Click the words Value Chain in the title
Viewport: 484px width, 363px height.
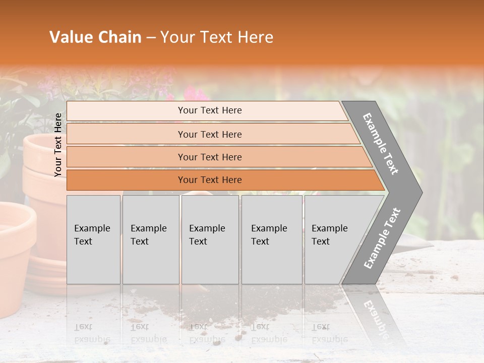click(95, 37)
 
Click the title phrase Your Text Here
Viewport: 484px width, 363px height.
click(217, 37)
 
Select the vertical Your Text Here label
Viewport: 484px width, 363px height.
click(58, 145)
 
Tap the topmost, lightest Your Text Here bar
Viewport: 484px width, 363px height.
click(210, 110)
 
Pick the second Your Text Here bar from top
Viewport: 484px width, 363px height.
click(210, 134)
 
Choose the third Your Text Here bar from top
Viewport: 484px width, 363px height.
click(210, 157)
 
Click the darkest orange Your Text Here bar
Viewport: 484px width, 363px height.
click(210, 180)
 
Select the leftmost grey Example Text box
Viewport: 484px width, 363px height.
click(93, 239)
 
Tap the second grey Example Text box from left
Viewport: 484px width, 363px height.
click(150, 239)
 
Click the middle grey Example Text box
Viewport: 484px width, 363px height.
click(210, 239)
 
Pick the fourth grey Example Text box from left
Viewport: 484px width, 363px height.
click(271, 239)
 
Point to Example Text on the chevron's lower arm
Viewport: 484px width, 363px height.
click(382, 238)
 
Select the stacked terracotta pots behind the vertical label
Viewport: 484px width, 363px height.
click(43, 166)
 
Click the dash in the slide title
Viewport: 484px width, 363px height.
click(151, 38)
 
